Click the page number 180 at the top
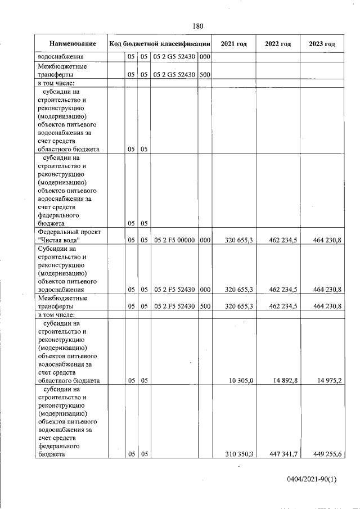[197, 26]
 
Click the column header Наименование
[72, 44]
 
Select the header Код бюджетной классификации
[160, 44]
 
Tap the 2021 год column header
[233, 44]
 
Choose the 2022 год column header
[278, 44]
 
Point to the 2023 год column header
[322, 44]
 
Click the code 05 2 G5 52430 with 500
[174, 74]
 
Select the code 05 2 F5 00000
[174, 240]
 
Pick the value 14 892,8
[283, 381]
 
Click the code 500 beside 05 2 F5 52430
[205, 307]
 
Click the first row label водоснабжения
[61, 56]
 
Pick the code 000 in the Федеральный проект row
[205, 240]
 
